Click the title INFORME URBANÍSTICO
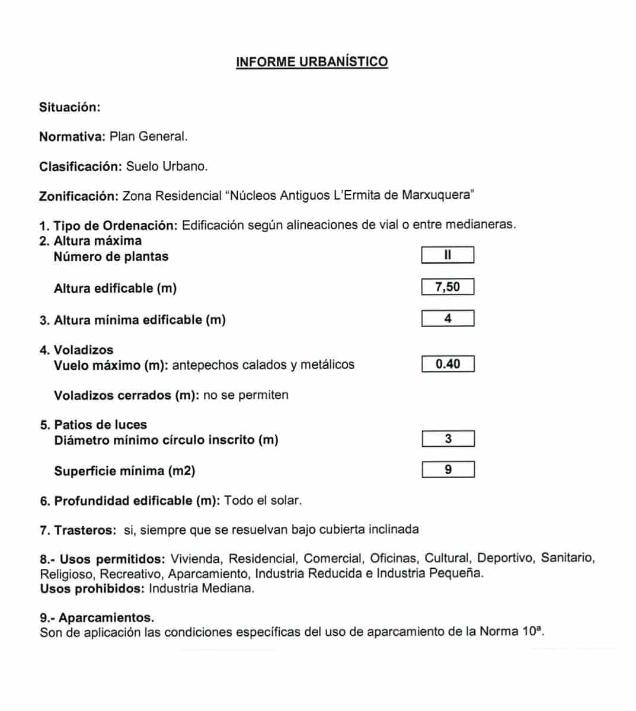[x=312, y=62]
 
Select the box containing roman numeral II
[x=448, y=255]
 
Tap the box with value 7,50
[x=448, y=287]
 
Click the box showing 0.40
[x=448, y=364]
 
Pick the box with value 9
[x=448, y=470]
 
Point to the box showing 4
[x=448, y=319]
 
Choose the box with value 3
[x=448, y=439]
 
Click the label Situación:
[x=70, y=107]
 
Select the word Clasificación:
[x=81, y=166]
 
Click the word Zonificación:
[x=78, y=196]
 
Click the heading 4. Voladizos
[x=76, y=350]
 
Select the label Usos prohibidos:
[x=92, y=589]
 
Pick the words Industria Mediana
[x=202, y=589]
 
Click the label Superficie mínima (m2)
[x=124, y=471]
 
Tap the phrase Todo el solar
[x=263, y=501]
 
